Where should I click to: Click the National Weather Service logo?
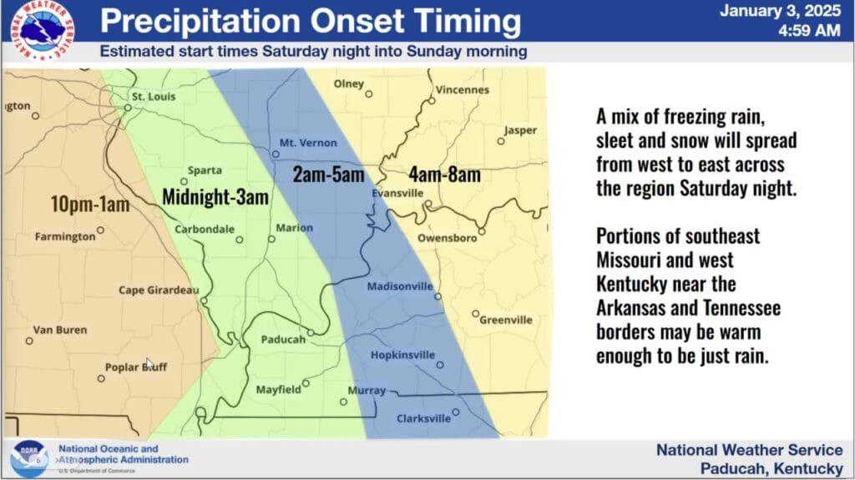point(42,29)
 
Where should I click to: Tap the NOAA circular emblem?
point(29,459)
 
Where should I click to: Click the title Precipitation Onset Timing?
point(311,21)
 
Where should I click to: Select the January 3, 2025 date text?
point(780,11)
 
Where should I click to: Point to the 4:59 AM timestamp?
point(809,31)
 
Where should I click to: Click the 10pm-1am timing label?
point(90,205)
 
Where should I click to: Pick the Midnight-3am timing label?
point(215,197)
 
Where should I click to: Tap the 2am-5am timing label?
point(328,174)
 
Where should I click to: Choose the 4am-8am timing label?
point(445,174)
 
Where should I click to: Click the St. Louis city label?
point(154,97)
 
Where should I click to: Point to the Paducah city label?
point(283,340)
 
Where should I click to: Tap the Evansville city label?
point(397,193)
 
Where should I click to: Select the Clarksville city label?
point(423,418)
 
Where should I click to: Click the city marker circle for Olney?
point(369,94)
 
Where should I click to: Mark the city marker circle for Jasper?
point(501,142)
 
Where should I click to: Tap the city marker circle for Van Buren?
point(29,341)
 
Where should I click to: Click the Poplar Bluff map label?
point(136,367)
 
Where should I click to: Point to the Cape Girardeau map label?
point(159,291)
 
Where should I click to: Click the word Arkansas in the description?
point(628,308)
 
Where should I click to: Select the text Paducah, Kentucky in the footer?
point(772,468)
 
